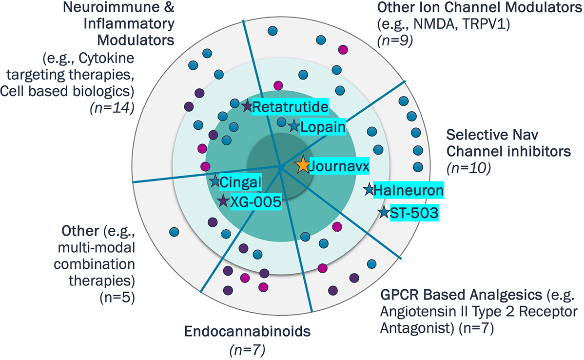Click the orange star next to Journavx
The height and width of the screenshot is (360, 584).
(302, 165)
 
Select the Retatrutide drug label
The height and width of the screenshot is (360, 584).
(291, 106)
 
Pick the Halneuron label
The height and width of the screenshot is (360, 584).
(409, 190)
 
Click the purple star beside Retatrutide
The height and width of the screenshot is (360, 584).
(247, 105)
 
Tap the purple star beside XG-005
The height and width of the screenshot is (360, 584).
(223, 200)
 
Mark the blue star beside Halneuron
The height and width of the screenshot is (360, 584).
(369, 190)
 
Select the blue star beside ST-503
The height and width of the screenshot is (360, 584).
(383, 212)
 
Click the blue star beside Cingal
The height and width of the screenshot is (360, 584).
(214, 181)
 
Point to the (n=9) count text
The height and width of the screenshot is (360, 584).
(395, 40)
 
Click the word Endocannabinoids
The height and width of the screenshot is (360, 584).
(247, 333)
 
